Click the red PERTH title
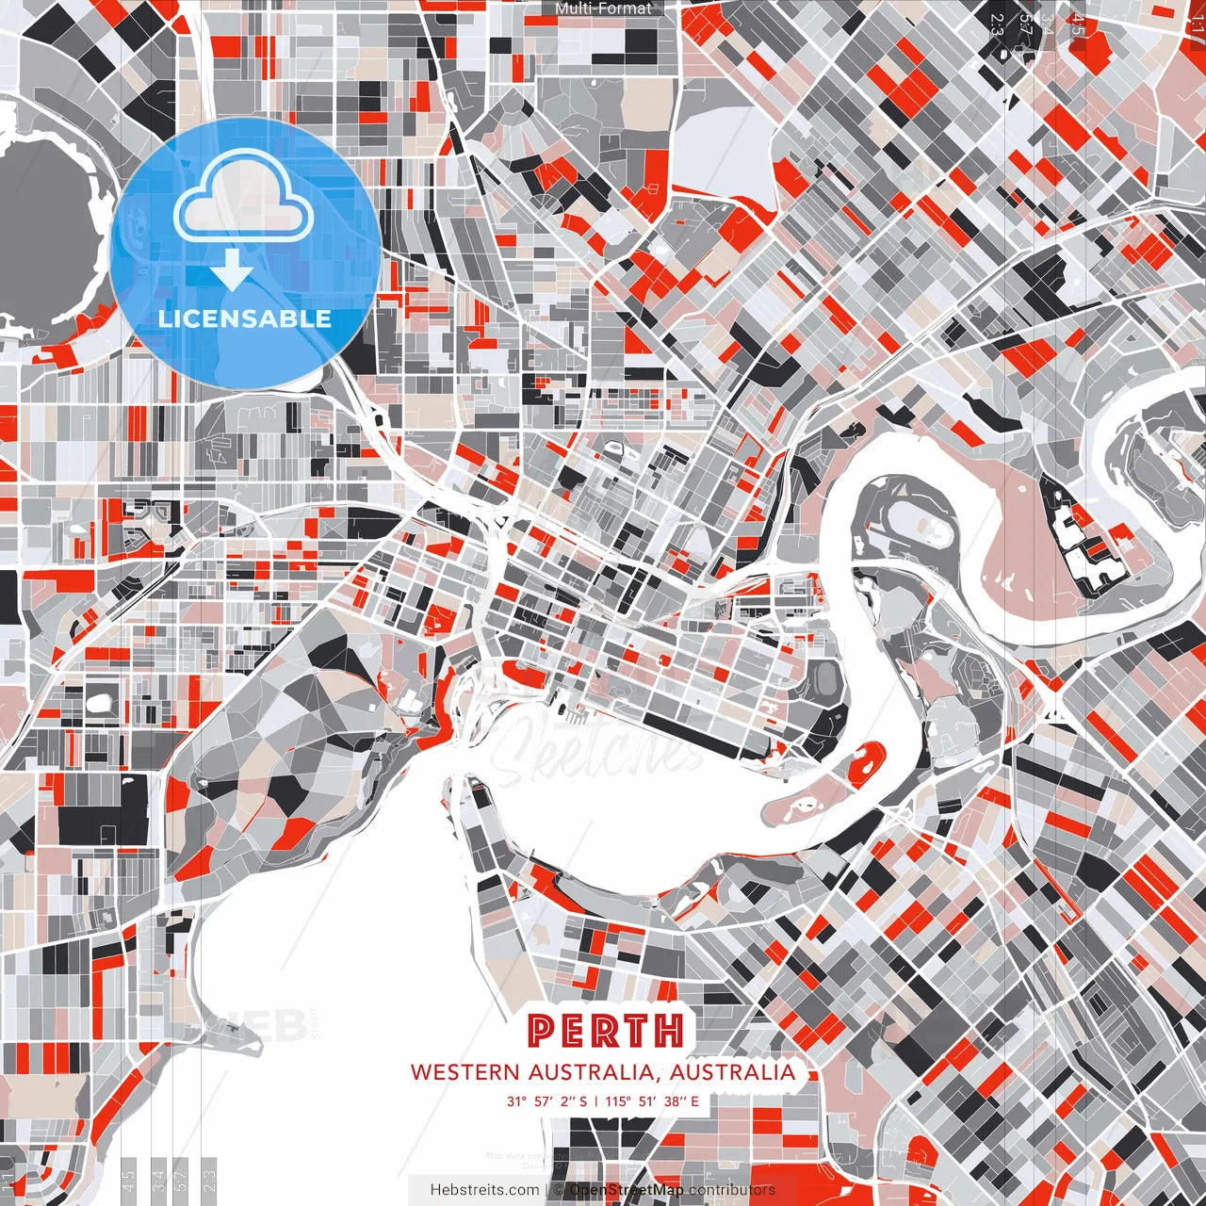click(x=606, y=1031)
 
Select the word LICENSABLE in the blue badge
click(x=245, y=318)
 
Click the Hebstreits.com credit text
click(x=484, y=1190)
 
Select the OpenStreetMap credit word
click(x=627, y=1190)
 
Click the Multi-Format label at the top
click(x=603, y=8)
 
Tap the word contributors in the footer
click(x=732, y=1190)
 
